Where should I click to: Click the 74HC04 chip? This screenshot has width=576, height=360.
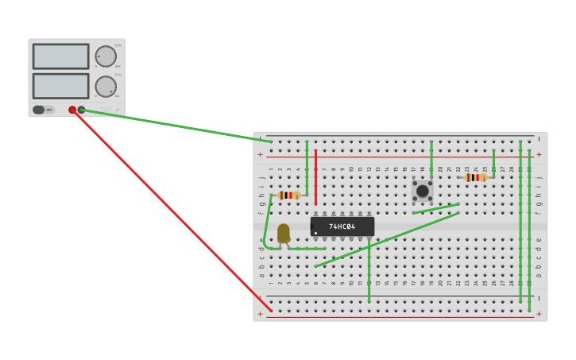(342, 226)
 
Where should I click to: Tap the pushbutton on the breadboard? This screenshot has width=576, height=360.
(423, 191)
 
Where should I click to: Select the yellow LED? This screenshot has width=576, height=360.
(284, 233)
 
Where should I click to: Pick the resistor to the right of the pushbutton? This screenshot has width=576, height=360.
(476, 177)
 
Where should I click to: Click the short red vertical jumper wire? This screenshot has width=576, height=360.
(315, 176)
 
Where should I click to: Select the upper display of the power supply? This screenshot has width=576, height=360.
(60, 56)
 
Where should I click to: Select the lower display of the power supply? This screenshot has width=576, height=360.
(60, 86)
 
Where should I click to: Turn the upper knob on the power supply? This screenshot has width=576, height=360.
(106, 56)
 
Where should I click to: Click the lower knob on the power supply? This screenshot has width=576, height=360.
(106, 86)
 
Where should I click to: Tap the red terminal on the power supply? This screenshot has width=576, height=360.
(72, 110)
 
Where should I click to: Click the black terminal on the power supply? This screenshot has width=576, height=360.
(81, 110)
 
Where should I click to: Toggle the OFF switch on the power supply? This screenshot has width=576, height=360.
(40, 110)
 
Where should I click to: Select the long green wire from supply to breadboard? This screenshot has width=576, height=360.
(175, 126)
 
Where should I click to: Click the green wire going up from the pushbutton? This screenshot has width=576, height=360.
(431, 159)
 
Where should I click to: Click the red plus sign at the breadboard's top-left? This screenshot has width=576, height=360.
(260, 154)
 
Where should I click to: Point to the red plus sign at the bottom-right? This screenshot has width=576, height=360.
(539, 314)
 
